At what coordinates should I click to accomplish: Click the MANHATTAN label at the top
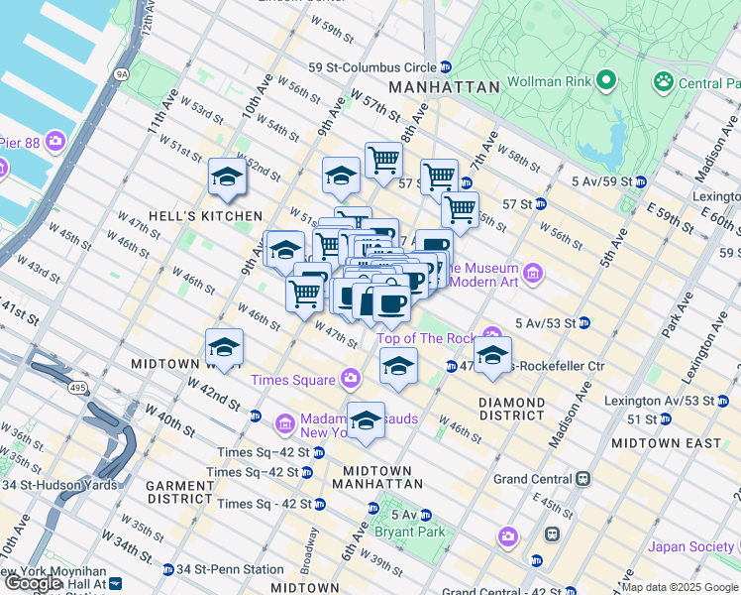pyautogui.click(x=444, y=87)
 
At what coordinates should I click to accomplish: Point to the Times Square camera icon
pyautogui.click(x=350, y=379)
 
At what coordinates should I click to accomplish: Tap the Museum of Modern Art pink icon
pyautogui.click(x=533, y=272)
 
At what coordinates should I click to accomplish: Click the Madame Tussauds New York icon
pyautogui.click(x=284, y=424)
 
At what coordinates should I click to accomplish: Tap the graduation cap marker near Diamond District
pyautogui.click(x=491, y=355)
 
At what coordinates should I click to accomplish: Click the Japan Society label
pyautogui.click(x=691, y=546)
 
